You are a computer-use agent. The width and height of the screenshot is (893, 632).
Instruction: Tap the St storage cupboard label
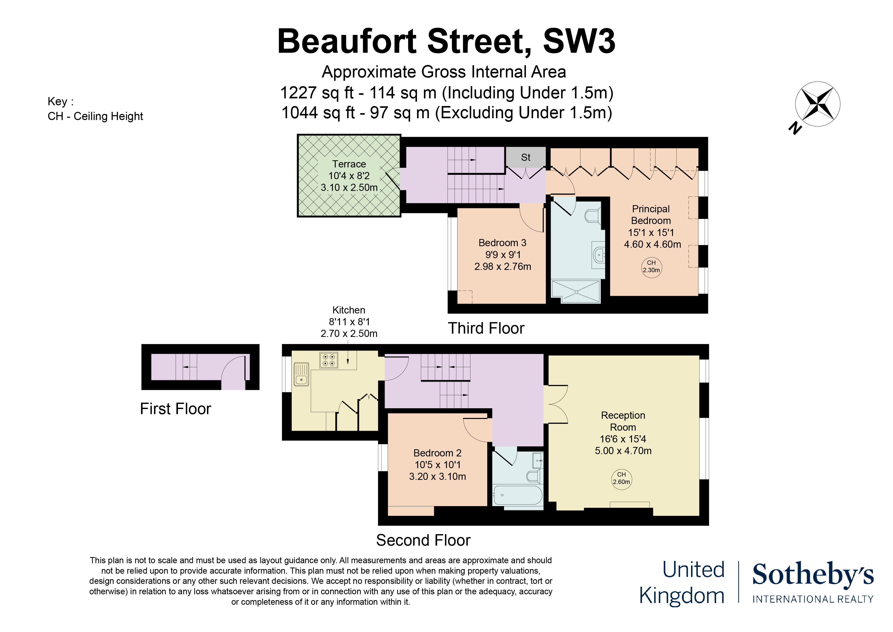coord(525,157)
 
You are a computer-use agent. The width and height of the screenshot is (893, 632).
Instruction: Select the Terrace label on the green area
coord(349,164)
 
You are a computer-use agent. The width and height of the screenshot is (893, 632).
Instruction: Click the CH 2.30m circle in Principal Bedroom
coord(651,268)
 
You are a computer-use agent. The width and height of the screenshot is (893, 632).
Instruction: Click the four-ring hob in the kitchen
coord(329,360)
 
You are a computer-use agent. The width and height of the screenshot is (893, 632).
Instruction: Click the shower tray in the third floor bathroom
coord(576,292)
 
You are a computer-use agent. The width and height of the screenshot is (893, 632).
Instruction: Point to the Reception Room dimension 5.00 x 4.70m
coord(623,451)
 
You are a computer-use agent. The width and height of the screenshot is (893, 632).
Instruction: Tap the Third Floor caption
coord(486,328)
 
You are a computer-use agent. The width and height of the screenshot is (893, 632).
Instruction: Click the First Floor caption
coord(175,409)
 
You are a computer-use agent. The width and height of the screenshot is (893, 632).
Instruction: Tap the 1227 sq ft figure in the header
coord(317,93)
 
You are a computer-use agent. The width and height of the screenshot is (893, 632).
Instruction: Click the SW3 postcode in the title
coord(579,41)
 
